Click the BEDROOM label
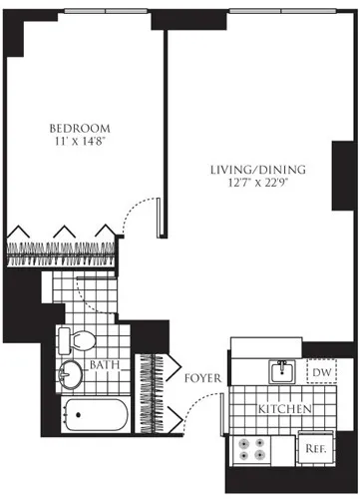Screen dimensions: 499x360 pos(80,129)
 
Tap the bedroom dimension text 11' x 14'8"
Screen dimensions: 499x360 pos(80,144)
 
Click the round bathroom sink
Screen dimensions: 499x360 pos(70,374)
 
